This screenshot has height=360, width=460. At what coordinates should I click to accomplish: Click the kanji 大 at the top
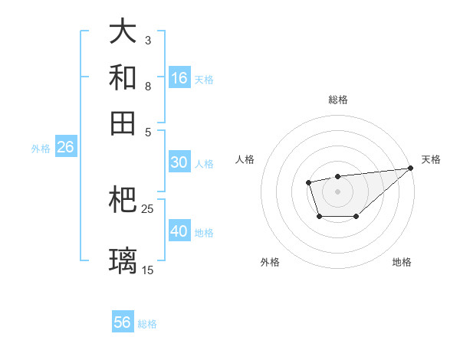[123, 32]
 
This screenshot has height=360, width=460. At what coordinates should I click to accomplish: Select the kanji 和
[123, 77]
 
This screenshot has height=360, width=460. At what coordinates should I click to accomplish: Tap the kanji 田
[123, 123]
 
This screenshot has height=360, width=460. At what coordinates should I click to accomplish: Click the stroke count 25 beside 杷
[148, 208]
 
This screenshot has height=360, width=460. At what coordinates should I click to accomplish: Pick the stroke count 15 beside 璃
[148, 270]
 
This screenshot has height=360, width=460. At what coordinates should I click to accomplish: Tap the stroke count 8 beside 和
[148, 86]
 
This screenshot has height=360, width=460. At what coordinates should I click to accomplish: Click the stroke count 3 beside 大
[148, 40]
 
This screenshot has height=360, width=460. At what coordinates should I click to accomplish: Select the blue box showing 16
[179, 78]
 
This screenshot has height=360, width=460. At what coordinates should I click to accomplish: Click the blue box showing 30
[179, 162]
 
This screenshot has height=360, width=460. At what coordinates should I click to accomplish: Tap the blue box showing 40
[179, 231]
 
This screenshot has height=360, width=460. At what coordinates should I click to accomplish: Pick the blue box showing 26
[65, 147]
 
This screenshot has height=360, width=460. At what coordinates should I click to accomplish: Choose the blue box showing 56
[123, 322]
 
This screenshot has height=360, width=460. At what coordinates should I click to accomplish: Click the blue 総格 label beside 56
[147, 324]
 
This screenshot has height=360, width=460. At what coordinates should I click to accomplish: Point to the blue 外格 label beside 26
[41, 149]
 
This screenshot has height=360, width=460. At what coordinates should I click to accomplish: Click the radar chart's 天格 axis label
[431, 159]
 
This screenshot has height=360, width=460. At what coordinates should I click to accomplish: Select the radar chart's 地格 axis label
[402, 262]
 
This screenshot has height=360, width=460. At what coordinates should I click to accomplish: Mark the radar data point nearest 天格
[411, 169]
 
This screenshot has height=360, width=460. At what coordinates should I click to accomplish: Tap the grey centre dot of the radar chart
[337, 190]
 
